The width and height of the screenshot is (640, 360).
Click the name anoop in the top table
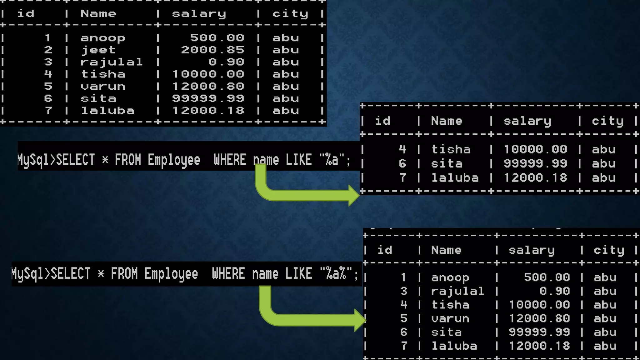(x=103, y=38)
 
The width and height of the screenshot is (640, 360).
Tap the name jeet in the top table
(x=98, y=50)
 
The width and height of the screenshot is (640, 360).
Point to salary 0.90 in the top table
(x=226, y=62)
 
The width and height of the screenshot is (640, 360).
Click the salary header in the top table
(x=199, y=14)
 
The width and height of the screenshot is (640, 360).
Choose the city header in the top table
(x=290, y=14)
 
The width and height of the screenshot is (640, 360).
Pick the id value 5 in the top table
(x=48, y=86)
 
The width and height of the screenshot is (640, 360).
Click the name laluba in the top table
(x=107, y=111)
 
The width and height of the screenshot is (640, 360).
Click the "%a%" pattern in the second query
(x=336, y=274)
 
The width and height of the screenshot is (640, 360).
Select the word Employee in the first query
(x=174, y=160)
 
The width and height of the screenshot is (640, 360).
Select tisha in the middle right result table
(x=451, y=149)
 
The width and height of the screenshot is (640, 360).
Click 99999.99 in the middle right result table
(x=535, y=164)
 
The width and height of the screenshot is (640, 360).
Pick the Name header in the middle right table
(x=447, y=121)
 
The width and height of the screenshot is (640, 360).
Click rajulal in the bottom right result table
(x=457, y=291)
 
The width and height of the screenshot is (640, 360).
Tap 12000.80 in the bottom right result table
(x=539, y=318)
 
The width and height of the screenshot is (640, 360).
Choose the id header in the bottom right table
(x=384, y=250)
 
